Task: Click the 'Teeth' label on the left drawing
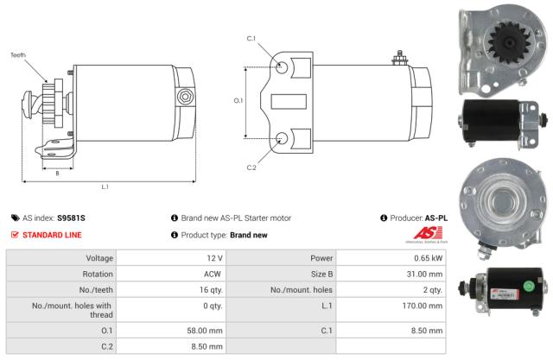pyautogui.click(x=19, y=55)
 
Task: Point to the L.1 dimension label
pyautogui.click(x=105, y=186)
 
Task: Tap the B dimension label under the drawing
pyautogui.click(x=57, y=173)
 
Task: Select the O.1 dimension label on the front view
pyautogui.click(x=238, y=100)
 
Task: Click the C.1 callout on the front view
pyautogui.click(x=251, y=39)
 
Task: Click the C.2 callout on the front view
pyautogui.click(x=251, y=167)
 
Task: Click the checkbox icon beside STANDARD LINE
pyautogui.click(x=15, y=235)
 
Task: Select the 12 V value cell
pyautogui.click(x=215, y=258)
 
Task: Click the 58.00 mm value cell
pyautogui.click(x=207, y=329)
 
